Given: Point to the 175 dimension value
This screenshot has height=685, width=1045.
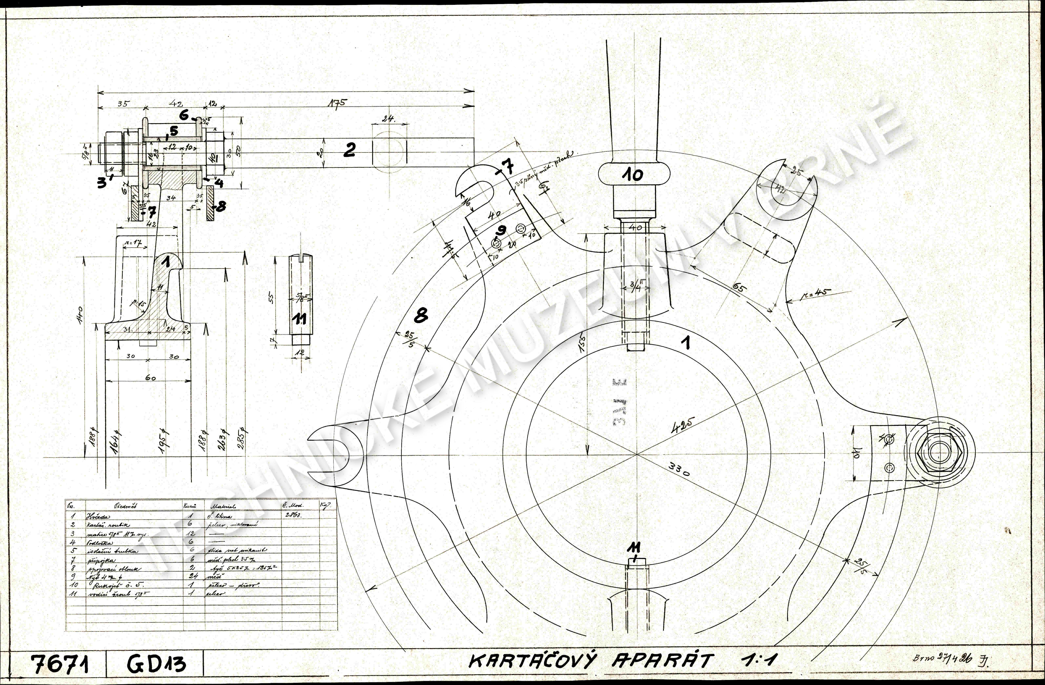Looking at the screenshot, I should pyautogui.click(x=337, y=103).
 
